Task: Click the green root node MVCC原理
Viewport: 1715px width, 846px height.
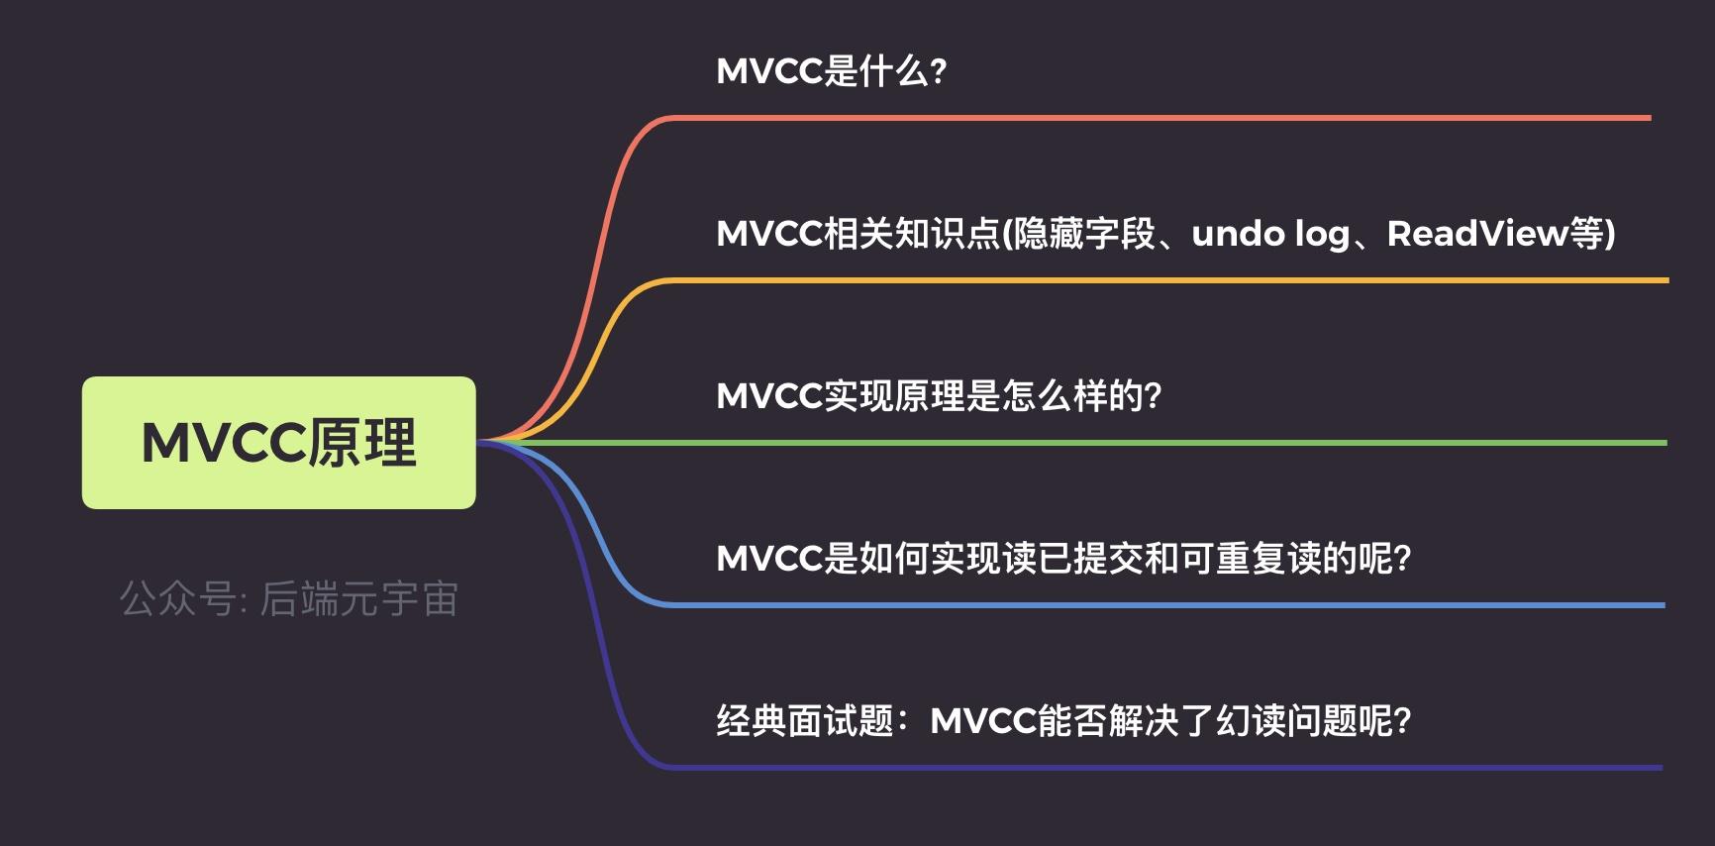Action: (x=278, y=443)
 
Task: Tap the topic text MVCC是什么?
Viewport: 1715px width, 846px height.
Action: (x=831, y=71)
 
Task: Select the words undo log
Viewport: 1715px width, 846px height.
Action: (x=1270, y=234)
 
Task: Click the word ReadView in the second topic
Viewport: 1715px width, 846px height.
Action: (x=1477, y=234)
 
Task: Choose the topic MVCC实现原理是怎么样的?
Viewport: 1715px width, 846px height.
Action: (x=938, y=396)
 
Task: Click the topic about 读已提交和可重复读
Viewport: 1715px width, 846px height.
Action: (x=1062, y=559)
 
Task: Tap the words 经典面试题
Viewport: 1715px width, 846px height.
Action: (x=805, y=721)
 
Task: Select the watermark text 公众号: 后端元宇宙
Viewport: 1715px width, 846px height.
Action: (x=288, y=599)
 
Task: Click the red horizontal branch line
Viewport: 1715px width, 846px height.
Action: (x=1159, y=118)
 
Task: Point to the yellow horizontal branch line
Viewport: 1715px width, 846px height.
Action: (x=1168, y=280)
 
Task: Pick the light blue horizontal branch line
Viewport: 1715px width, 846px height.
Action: (x=1168, y=604)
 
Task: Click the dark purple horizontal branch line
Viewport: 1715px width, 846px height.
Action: (x=1168, y=767)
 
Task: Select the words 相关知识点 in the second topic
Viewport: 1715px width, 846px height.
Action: (x=912, y=234)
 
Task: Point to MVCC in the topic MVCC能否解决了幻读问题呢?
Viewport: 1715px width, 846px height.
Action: (x=983, y=721)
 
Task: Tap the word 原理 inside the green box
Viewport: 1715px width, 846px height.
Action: (x=362, y=443)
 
